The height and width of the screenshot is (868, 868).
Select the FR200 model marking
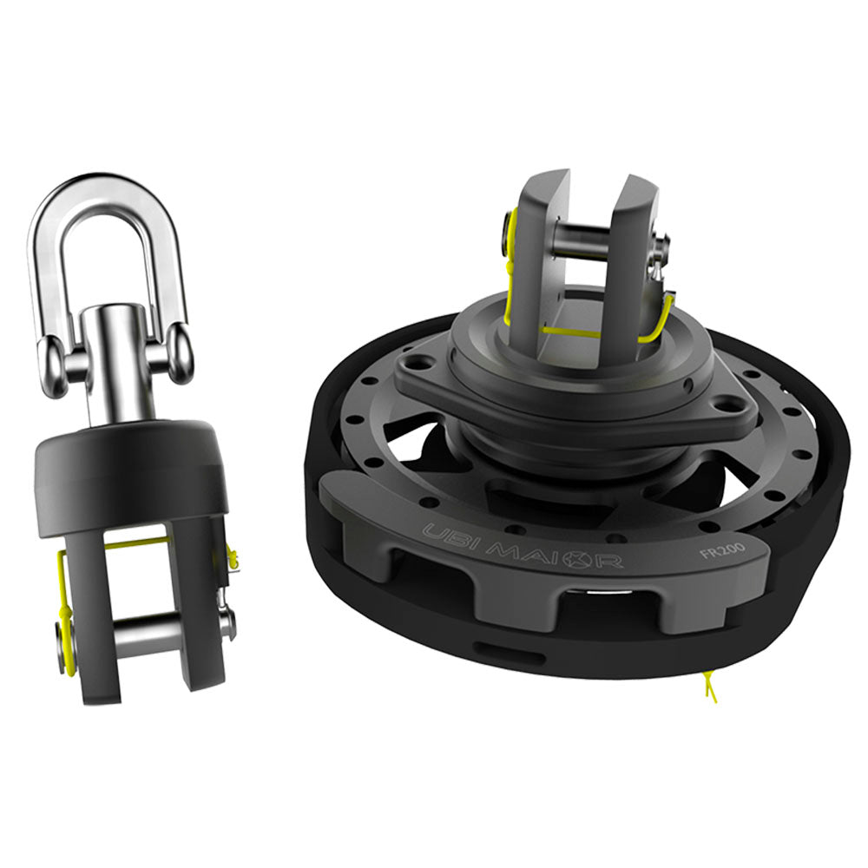click(717, 552)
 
